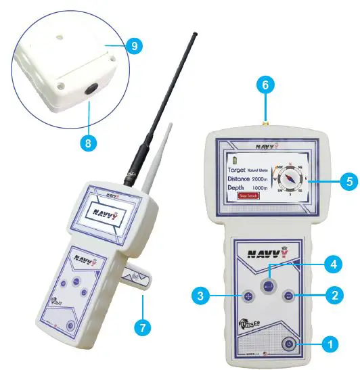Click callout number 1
[x=330, y=344]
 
